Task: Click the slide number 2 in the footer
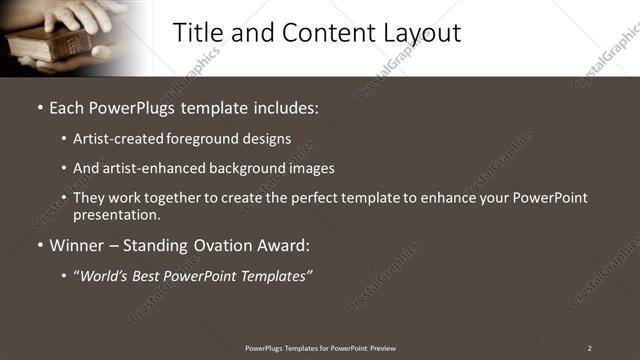(590, 348)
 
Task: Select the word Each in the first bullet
(68, 106)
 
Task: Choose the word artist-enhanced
(150, 168)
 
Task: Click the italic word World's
(107, 275)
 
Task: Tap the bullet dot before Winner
(40, 245)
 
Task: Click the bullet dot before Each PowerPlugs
(40, 106)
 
